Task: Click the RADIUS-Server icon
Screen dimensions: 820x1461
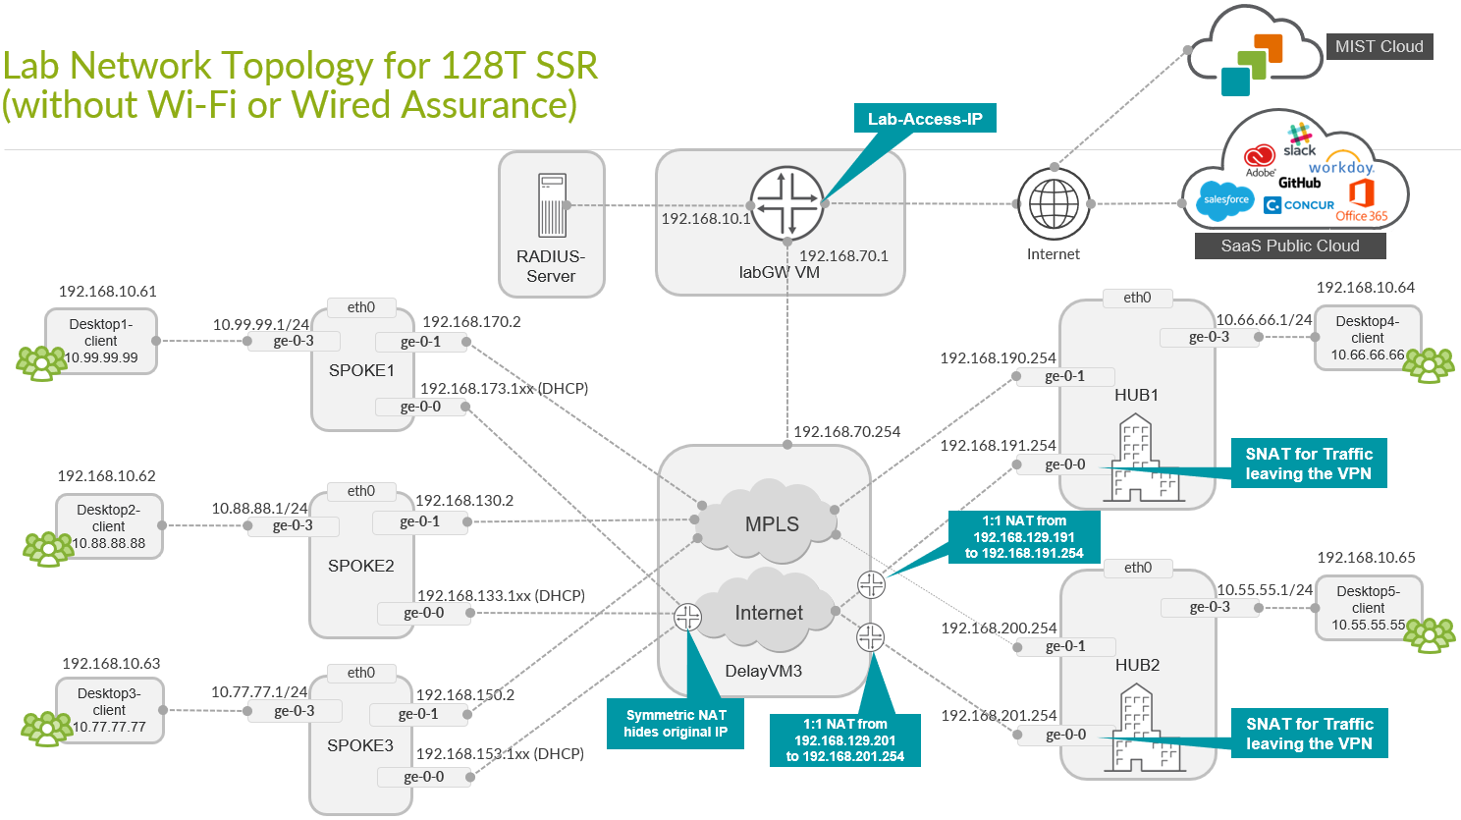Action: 552,205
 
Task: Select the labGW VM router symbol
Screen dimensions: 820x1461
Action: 786,203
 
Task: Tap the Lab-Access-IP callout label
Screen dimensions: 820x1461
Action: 925,119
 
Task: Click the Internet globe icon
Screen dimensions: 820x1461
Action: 1054,204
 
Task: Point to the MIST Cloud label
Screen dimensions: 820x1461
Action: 1379,46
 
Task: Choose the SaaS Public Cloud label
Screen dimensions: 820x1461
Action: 1289,246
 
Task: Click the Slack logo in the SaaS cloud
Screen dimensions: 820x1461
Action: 1299,140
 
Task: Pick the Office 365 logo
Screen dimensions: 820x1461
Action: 1361,201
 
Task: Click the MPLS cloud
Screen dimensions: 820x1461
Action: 771,522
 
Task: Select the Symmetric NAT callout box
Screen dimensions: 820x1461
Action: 676,724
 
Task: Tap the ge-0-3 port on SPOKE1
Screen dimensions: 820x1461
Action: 294,341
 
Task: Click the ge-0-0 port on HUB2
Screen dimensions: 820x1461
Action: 1065,735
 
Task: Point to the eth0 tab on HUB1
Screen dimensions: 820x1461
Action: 1137,298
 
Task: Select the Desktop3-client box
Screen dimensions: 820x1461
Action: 109,710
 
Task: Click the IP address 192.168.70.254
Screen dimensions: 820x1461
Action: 846,431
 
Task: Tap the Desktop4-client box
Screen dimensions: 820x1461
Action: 1367,337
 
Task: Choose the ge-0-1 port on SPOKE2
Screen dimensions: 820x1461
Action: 419,521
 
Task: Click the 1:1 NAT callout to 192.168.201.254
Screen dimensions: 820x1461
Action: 844,740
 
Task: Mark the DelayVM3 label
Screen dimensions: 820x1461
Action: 763,671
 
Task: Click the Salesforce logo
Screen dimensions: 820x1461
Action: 1226,199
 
